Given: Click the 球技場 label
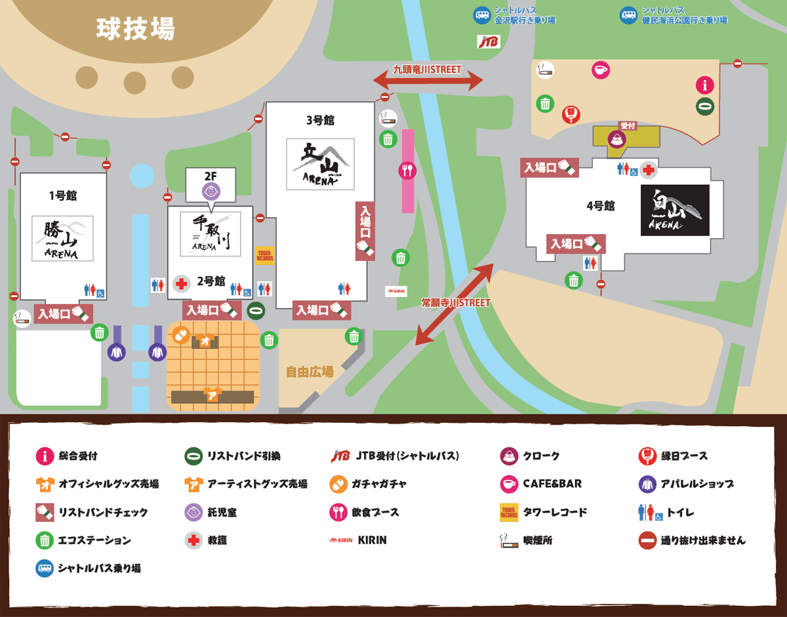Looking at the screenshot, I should tap(135, 29).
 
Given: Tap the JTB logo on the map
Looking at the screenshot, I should tap(489, 42).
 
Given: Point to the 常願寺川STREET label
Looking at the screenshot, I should tap(455, 303).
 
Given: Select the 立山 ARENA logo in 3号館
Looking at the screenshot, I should tap(320, 164).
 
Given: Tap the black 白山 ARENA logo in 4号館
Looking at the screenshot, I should tap(675, 210).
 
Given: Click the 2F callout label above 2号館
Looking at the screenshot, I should tap(210, 176).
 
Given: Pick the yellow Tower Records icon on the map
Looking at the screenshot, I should tap(264, 255).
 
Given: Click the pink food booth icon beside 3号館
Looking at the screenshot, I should tap(407, 170).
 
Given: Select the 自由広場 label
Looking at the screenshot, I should tap(310, 372).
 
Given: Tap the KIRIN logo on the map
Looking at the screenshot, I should tap(396, 290).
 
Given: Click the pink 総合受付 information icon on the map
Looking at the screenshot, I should tap(704, 85).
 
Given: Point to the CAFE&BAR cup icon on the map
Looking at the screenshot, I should tap(601, 70).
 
